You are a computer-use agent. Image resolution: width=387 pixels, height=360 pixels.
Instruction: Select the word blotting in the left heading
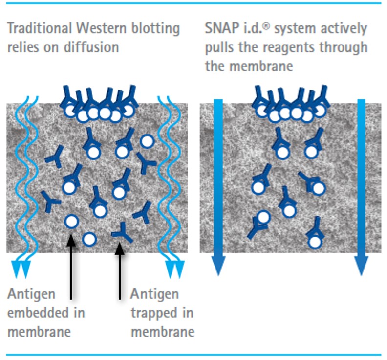click(156, 28)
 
